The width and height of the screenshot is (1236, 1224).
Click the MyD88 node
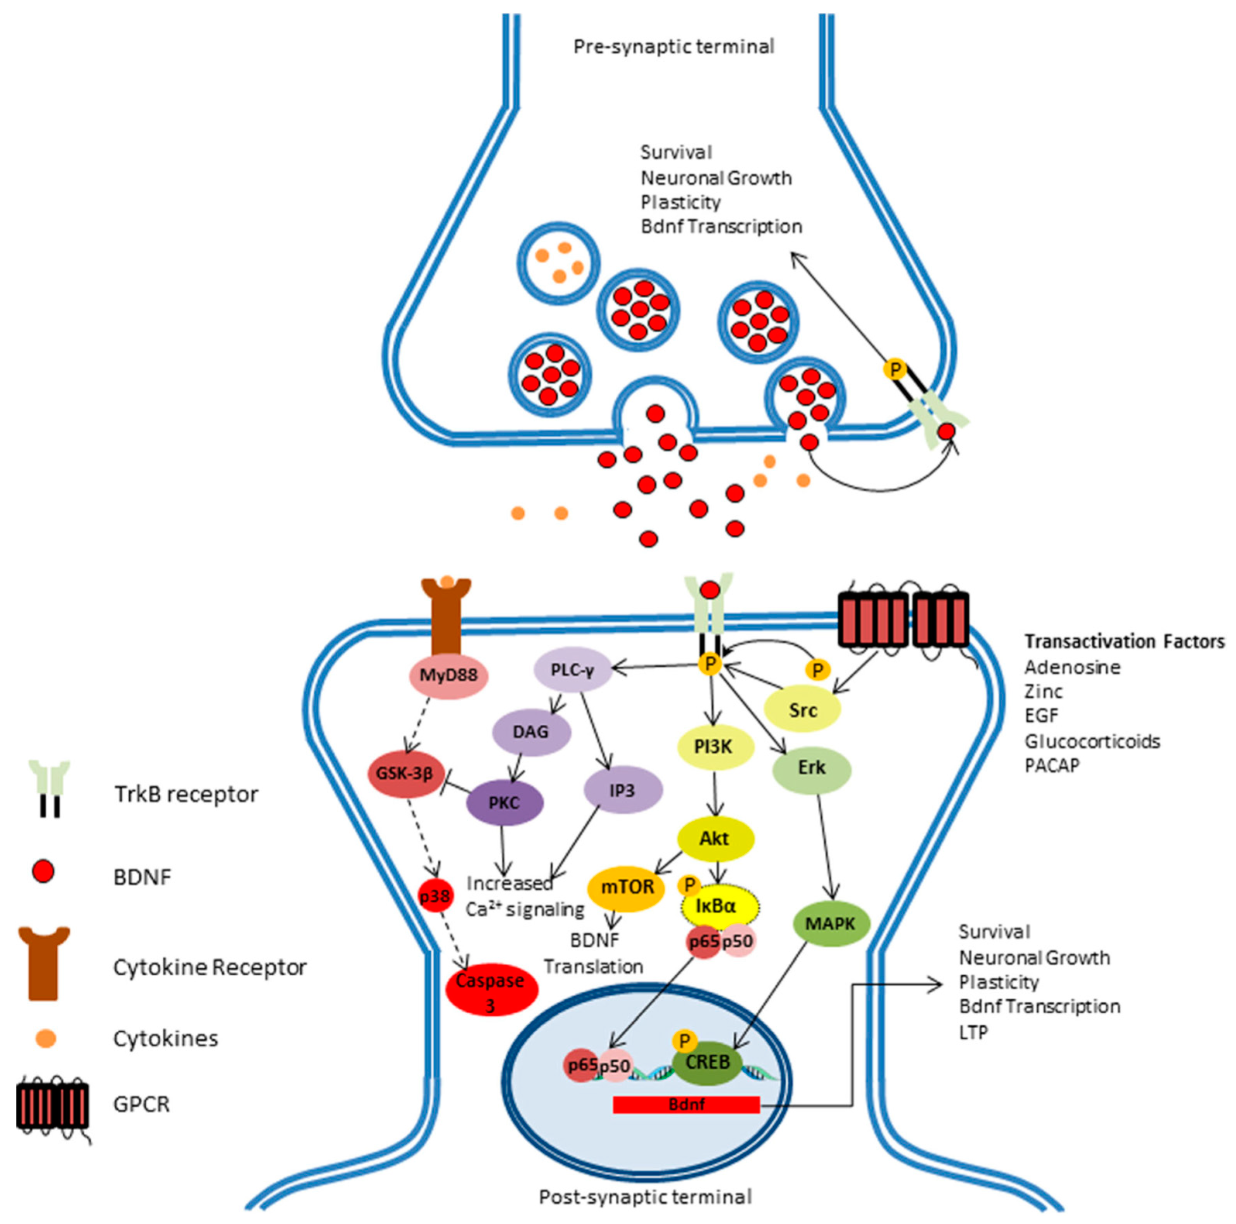[448, 675]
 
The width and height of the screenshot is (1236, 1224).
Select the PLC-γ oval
[573, 670]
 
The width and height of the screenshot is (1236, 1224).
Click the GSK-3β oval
[405, 773]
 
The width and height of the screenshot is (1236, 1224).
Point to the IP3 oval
[622, 790]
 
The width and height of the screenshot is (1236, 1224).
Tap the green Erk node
[811, 767]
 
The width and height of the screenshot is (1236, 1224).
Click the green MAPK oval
[831, 923]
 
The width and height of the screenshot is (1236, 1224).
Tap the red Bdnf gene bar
[686, 1104]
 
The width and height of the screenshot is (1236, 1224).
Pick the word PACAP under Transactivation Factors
[1052, 765]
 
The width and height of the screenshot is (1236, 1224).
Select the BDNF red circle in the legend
[43, 872]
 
